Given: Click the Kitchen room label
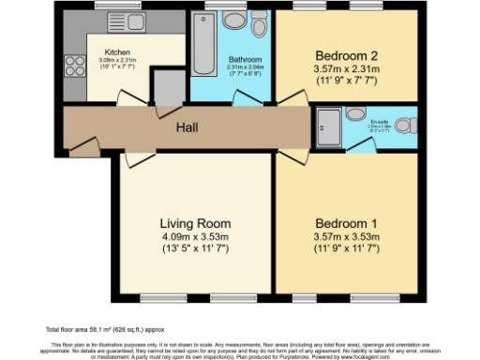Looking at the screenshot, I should click(117, 52).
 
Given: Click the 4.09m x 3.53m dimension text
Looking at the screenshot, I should click(195, 237).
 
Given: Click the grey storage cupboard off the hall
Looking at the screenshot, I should click(167, 91).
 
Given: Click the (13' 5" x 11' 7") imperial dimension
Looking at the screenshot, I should click(195, 251).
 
